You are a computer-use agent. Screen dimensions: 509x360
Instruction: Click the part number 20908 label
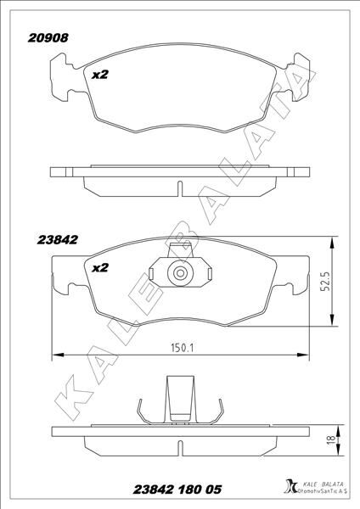(x=49, y=37)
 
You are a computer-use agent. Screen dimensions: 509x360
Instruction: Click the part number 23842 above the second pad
(x=59, y=239)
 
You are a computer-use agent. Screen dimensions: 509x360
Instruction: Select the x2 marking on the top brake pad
(x=100, y=75)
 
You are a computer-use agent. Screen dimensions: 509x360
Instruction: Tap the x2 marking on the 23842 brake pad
(x=100, y=268)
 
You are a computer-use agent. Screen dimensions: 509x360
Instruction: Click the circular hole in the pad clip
(x=179, y=274)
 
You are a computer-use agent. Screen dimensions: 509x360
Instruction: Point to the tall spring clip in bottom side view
(x=179, y=399)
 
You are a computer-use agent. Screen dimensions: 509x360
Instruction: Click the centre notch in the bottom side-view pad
(x=179, y=446)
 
